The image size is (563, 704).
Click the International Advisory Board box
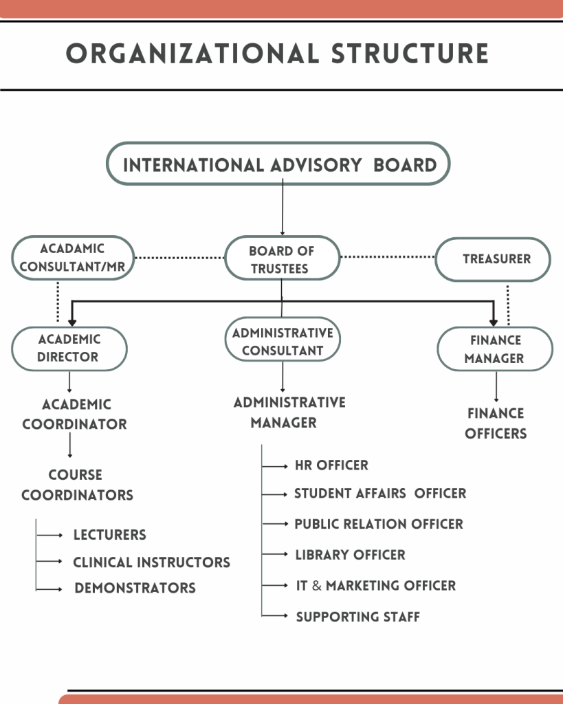click(278, 164)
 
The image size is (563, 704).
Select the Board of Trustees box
click(282, 259)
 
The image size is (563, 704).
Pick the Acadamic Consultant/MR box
click(72, 258)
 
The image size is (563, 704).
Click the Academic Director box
click(69, 348)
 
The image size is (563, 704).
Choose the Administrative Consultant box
click(283, 341)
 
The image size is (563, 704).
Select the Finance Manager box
click(495, 349)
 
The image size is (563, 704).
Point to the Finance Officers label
click(496, 423)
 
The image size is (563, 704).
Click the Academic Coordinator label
click(75, 414)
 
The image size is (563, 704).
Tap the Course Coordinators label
click(77, 485)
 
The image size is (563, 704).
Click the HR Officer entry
click(331, 465)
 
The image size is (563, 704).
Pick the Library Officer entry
click(350, 555)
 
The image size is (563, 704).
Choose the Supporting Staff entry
click(357, 617)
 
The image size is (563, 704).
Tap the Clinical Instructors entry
click(151, 562)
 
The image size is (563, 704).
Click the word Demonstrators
click(135, 588)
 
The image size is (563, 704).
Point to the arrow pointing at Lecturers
click(50, 535)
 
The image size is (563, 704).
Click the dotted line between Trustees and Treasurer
click(388, 257)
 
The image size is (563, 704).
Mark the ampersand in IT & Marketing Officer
click(316, 586)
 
